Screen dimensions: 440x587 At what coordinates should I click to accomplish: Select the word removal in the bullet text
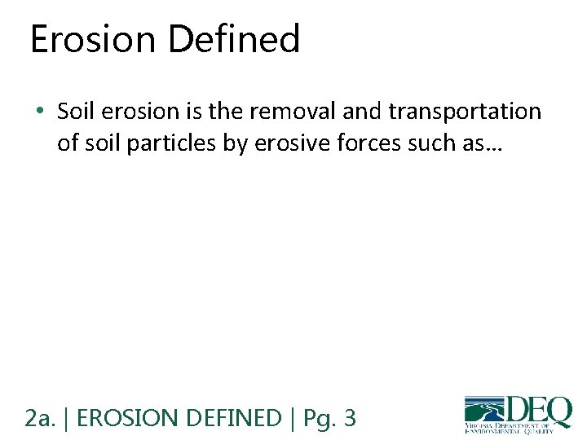(306, 112)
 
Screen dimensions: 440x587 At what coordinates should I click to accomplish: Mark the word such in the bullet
(407, 143)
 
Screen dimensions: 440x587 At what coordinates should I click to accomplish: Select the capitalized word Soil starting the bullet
(76, 112)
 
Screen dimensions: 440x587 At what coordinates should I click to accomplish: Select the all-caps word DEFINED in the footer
(234, 418)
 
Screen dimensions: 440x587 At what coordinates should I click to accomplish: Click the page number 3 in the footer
(350, 418)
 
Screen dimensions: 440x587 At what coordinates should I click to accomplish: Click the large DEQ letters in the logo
(539, 409)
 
